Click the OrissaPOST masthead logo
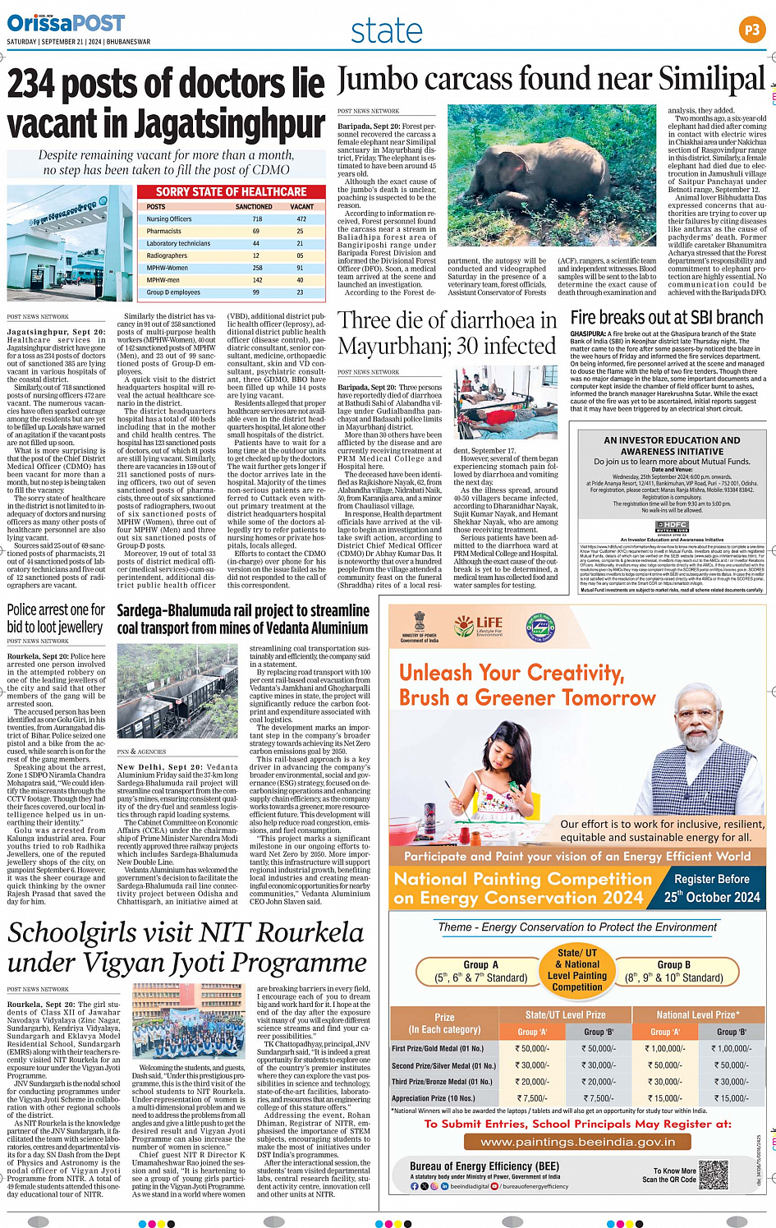66,23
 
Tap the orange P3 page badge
752,30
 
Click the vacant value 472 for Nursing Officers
301,219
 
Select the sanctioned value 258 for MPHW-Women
257,268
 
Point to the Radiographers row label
167,255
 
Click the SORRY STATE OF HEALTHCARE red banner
232,191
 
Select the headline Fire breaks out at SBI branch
667,318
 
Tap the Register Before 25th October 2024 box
711,888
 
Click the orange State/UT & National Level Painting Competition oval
576,969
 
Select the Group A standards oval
480,971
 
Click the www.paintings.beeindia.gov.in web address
577,1142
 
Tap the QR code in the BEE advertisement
713,1175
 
